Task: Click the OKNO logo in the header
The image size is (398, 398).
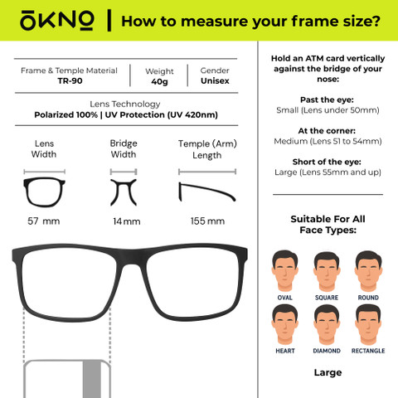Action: point(56,21)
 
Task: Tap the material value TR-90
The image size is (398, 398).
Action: point(70,81)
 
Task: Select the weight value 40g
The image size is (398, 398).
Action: point(159,82)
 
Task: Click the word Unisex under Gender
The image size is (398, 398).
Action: point(215,81)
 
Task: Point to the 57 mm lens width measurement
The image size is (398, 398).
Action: point(44,221)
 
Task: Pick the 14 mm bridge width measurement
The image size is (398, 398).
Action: point(127,221)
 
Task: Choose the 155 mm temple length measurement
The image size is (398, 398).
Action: point(207,221)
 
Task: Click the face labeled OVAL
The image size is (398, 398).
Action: point(284,271)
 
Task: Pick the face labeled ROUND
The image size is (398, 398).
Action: point(368,271)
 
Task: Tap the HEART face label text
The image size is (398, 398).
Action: point(285,351)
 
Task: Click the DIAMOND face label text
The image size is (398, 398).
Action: point(327,351)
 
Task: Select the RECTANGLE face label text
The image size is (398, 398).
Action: point(368,351)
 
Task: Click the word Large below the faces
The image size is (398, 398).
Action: point(328,373)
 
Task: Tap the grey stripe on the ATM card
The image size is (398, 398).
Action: point(92,379)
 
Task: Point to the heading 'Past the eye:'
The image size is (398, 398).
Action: point(327,99)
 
